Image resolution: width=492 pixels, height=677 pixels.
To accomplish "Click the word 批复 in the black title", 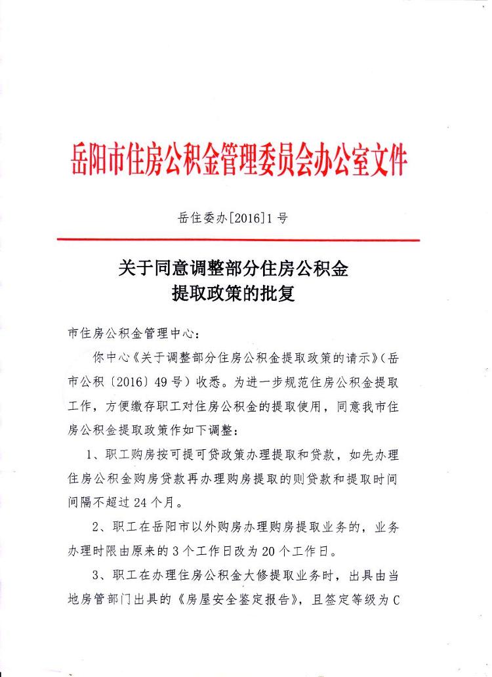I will coord(278,294).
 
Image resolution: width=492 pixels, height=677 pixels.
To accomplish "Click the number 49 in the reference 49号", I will coord(146,383).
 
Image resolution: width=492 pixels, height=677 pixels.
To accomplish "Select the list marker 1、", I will coord(94,456).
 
